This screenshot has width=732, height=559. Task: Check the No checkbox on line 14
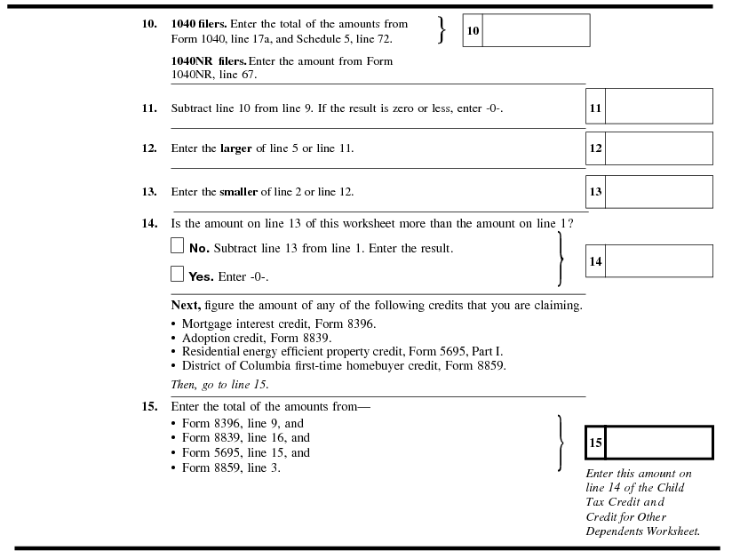(178, 246)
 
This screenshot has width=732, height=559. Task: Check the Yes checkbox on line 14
(178, 275)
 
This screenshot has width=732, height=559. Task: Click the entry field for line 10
(536, 30)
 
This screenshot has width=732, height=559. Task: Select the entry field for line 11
(658, 107)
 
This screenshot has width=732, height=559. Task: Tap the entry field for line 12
(658, 148)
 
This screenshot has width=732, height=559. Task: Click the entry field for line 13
(658, 192)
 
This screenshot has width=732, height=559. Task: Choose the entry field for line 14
(658, 261)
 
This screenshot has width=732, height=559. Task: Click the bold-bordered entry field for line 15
(658, 443)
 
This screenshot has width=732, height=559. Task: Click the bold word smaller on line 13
(239, 192)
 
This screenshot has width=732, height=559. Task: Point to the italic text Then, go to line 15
(219, 385)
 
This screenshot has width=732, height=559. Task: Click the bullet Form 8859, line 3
(231, 467)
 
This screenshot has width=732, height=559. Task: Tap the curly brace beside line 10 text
(442, 29)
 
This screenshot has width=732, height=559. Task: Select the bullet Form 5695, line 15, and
(246, 452)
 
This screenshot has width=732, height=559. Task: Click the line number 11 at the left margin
(149, 108)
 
